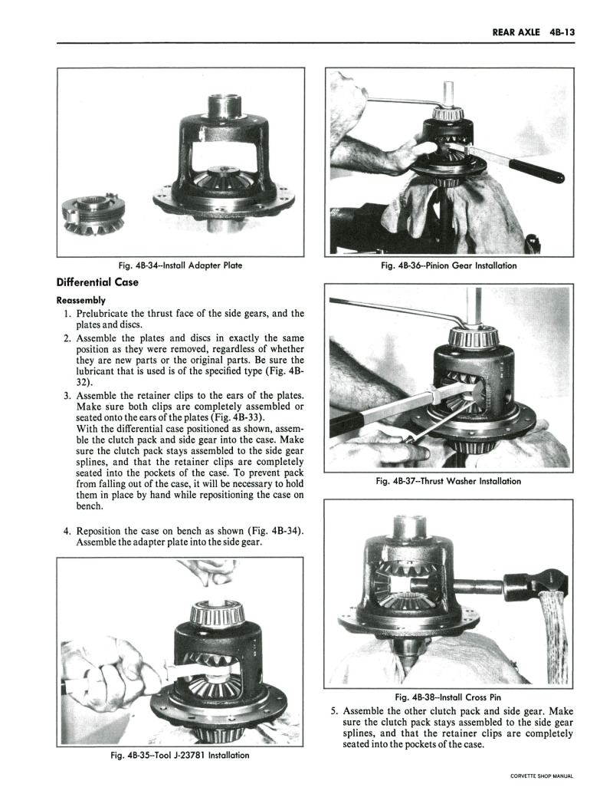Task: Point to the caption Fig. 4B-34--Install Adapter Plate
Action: (x=181, y=265)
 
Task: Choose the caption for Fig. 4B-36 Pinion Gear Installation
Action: (x=448, y=265)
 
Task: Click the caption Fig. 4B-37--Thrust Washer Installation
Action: (x=448, y=481)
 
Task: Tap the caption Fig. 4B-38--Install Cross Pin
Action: (x=448, y=697)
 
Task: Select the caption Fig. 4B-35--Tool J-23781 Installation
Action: (x=181, y=756)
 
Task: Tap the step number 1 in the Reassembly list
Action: (x=68, y=314)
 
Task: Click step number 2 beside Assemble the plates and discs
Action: (x=67, y=338)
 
